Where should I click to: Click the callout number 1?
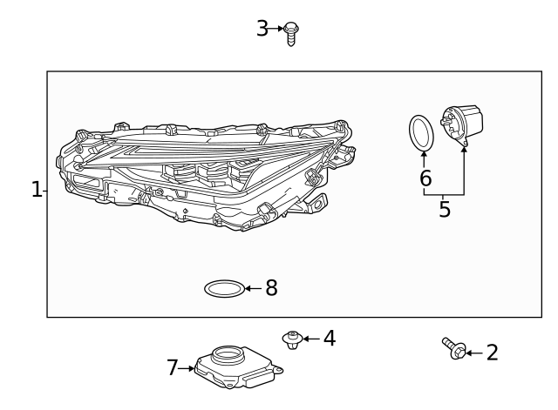(36, 190)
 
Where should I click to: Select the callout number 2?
(492, 353)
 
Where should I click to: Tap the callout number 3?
(262, 29)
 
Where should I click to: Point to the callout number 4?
(329, 339)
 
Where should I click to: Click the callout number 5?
(445, 210)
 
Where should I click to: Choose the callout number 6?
(425, 178)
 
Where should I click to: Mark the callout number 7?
(172, 368)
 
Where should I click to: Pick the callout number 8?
(271, 288)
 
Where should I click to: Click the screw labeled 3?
(291, 33)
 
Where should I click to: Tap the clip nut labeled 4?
(291, 339)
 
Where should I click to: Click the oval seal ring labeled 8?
(224, 288)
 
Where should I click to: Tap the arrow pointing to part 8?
(254, 288)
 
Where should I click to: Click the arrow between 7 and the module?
(187, 369)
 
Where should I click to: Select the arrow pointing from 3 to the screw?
(278, 29)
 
